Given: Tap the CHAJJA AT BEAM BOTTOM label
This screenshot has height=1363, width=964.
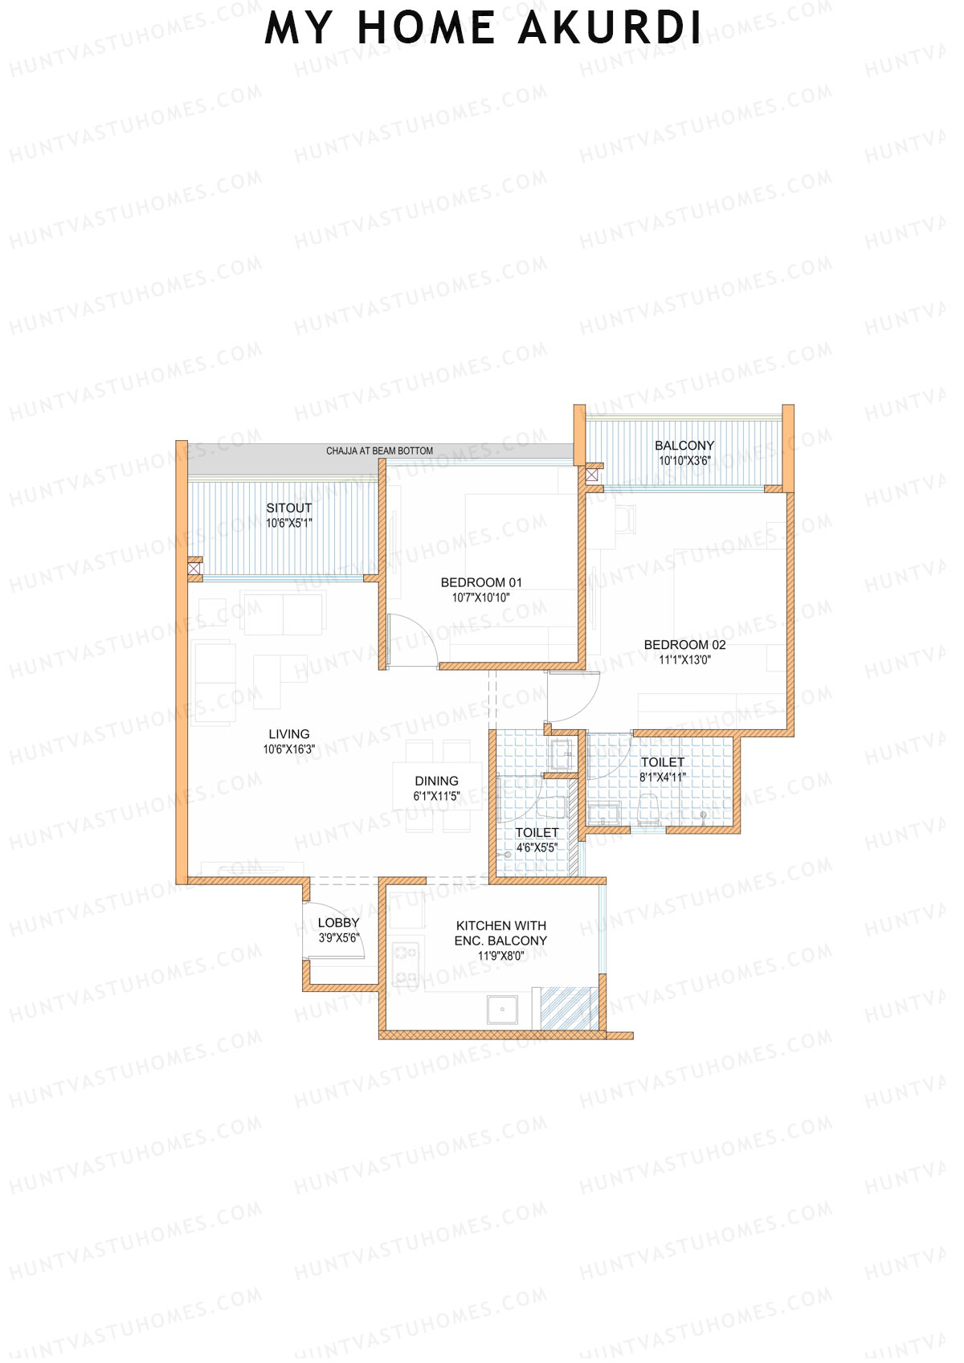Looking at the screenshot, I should point(379,451).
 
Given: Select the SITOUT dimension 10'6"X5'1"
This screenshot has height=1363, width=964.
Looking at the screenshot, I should point(288,523).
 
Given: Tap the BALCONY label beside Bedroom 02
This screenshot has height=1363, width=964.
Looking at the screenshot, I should point(684,445).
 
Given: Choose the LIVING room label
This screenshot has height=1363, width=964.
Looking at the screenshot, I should point(288,734).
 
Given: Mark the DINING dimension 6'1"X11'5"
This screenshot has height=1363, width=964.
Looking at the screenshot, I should point(436,796).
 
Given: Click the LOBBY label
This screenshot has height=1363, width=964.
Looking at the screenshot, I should point(338,923).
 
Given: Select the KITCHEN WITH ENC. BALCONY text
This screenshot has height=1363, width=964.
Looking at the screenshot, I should point(500,932).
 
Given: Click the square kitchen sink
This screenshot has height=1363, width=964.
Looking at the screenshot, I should point(502,1010).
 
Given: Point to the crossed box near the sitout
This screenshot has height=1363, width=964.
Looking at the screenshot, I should point(194,569).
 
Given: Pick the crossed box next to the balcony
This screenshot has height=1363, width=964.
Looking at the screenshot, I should point(593,475).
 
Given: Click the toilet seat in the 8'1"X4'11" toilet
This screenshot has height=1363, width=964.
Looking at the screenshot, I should point(649,810).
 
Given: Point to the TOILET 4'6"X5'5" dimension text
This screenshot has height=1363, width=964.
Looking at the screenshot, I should point(536,847).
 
